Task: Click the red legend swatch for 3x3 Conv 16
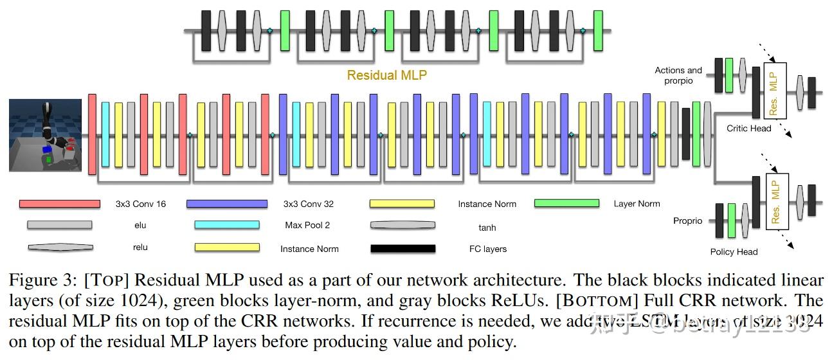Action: (60, 204)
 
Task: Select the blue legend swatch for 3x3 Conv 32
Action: (226, 204)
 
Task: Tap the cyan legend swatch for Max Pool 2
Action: (226, 225)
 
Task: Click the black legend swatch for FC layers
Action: (402, 248)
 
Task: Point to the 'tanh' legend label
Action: (487, 227)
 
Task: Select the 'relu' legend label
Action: (140, 248)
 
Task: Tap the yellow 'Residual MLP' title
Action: (386, 75)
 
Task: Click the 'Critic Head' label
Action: (749, 129)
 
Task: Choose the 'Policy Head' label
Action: (734, 252)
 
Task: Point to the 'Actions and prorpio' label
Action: (678, 75)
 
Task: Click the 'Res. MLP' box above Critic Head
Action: (775, 90)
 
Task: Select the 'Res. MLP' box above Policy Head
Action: (776, 201)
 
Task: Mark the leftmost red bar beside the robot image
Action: (92, 134)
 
